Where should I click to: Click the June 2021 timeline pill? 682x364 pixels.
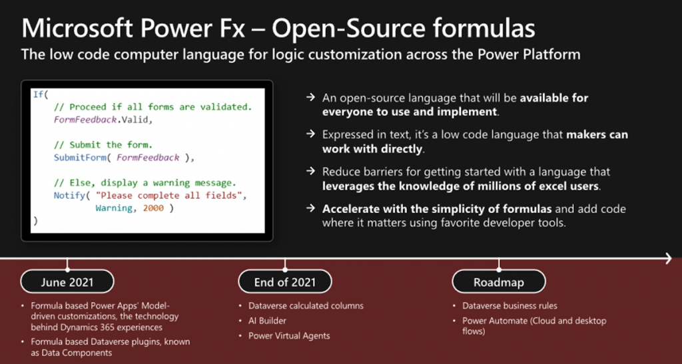67,282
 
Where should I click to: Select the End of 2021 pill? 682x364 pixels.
285,282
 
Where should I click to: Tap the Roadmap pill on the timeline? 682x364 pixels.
498,282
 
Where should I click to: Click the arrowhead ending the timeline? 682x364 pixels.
669,259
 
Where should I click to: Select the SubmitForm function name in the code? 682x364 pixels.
80,158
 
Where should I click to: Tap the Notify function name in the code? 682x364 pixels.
69,196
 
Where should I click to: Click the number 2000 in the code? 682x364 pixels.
153,208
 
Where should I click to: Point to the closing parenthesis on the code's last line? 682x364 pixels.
36,221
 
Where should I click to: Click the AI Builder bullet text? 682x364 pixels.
268,321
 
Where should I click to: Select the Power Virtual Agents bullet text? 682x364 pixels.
289,336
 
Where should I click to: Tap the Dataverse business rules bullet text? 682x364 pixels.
510,306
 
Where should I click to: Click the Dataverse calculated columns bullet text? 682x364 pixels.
306,306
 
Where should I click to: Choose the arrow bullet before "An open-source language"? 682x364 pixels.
310,97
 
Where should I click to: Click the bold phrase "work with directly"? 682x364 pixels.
372,149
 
